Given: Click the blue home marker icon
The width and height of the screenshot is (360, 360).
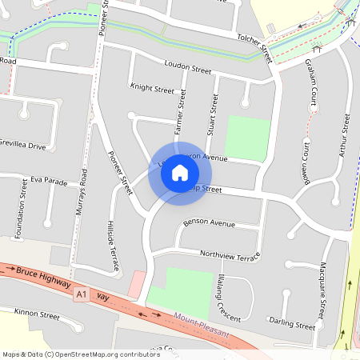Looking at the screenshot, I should pos(180,173).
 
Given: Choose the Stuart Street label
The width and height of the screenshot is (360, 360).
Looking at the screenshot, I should pos(214,114).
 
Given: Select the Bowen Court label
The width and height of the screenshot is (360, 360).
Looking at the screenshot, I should pos(306,163).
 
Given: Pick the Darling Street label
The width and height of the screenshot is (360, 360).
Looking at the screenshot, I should pos(292,326).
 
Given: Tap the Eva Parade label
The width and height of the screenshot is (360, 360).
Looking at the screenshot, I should pos(50,182).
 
